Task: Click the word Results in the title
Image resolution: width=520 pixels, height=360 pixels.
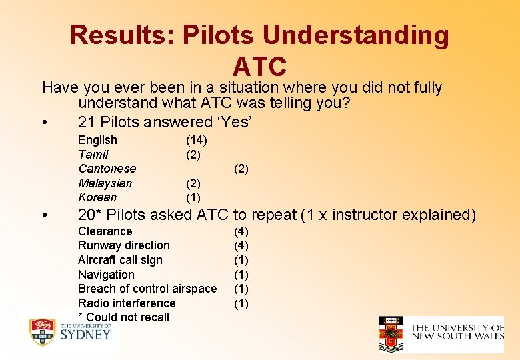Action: point(117,35)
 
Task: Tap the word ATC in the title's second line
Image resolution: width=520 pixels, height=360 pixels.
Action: point(260,67)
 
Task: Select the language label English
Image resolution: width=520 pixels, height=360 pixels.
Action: point(97,140)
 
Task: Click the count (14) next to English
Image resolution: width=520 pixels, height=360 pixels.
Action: point(196,140)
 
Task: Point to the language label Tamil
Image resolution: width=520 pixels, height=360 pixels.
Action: point(93,155)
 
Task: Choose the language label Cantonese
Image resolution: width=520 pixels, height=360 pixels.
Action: point(107,169)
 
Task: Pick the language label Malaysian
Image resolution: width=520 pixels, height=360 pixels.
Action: point(105,183)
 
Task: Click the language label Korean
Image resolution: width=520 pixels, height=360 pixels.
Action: point(97,197)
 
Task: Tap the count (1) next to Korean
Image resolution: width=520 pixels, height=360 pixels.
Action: point(193,197)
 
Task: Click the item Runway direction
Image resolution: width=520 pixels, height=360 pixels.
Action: point(123,245)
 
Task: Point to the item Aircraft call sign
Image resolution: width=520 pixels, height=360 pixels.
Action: point(120,260)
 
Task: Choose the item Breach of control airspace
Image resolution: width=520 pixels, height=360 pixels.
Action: point(147,289)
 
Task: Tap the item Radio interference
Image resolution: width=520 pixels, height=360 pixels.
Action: point(127,303)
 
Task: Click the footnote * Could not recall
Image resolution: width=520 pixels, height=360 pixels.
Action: point(123,317)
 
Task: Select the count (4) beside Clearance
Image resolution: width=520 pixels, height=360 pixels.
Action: point(241,231)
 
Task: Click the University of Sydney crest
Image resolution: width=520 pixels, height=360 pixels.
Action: point(42,332)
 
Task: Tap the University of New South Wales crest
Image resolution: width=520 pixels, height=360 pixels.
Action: point(391,333)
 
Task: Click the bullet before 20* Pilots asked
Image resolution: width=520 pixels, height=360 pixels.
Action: point(43,215)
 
